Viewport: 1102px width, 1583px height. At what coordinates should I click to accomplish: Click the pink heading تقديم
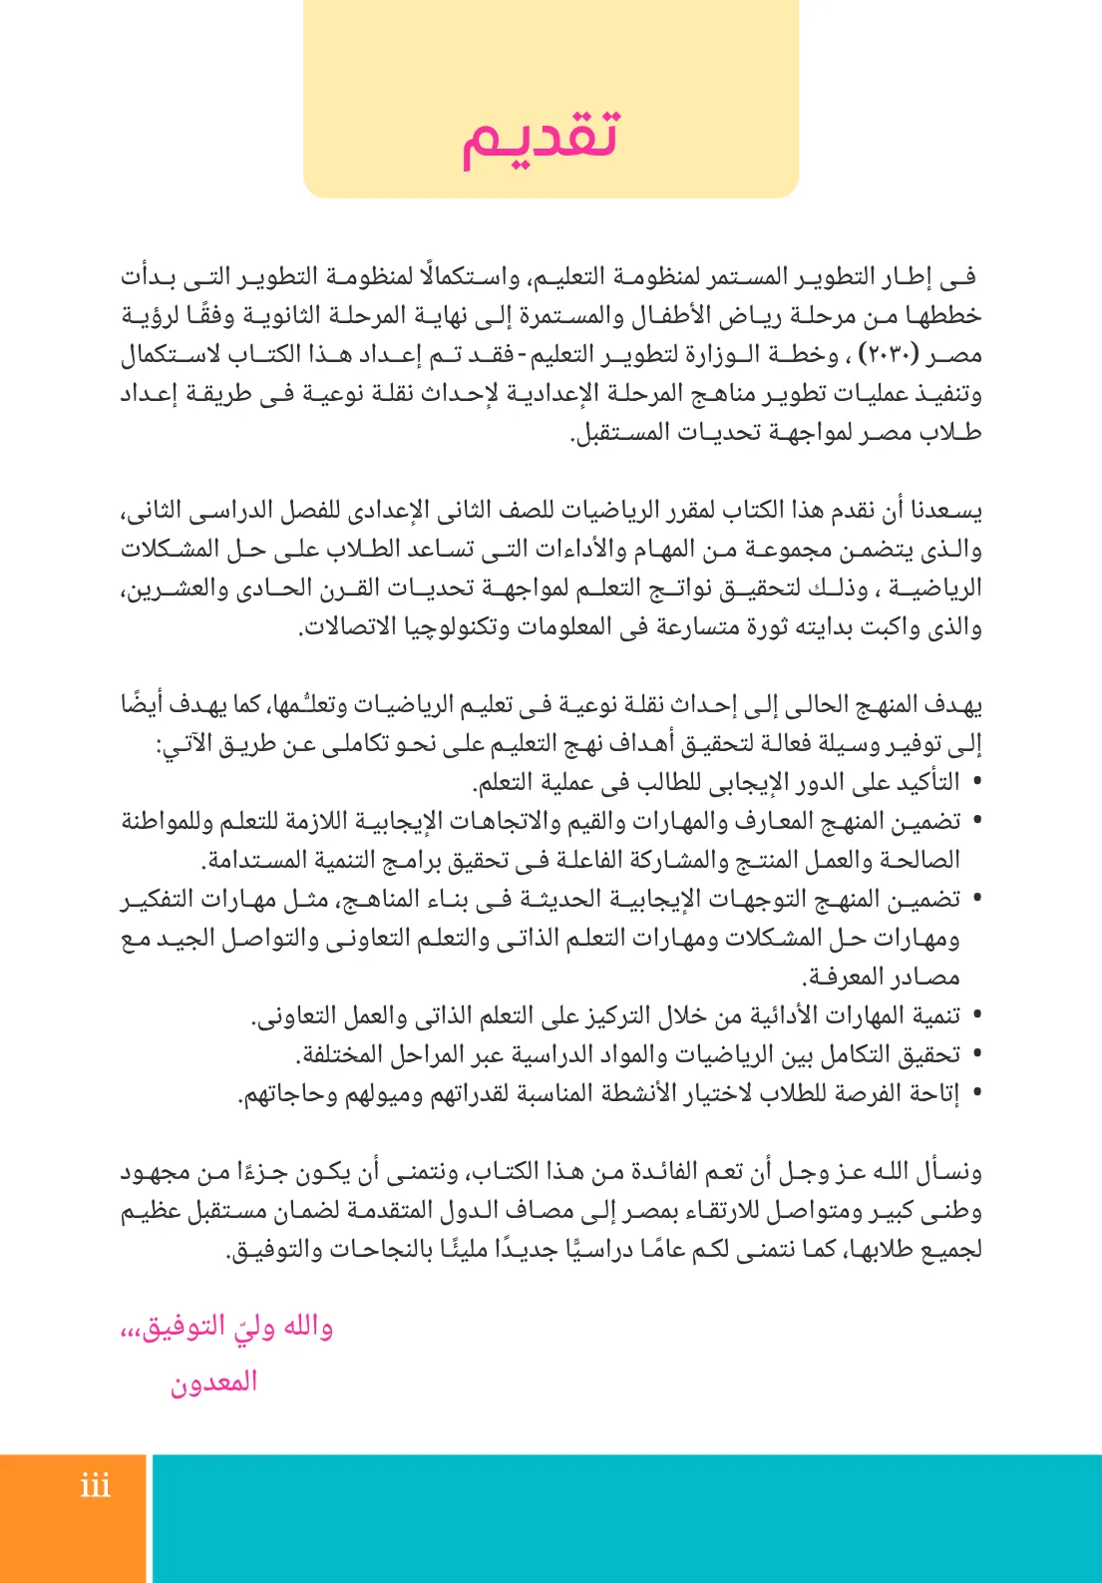pyautogui.click(x=540, y=137)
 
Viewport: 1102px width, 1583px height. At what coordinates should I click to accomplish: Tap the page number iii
pyautogui.click(x=96, y=1486)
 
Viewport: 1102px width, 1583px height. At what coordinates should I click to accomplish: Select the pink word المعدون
pyautogui.click(x=213, y=1383)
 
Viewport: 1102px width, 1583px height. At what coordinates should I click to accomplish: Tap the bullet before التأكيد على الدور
pyautogui.click(x=976, y=782)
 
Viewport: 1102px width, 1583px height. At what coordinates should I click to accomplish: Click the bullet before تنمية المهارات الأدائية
pyautogui.click(x=976, y=1016)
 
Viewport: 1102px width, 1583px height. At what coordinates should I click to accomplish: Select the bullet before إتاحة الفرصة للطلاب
pyautogui.click(x=976, y=1094)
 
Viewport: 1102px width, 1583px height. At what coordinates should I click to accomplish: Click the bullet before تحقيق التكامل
pyautogui.click(x=976, y=1055)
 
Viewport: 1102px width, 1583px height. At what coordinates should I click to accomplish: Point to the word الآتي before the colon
pyautogui.click(x=194, y=744)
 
